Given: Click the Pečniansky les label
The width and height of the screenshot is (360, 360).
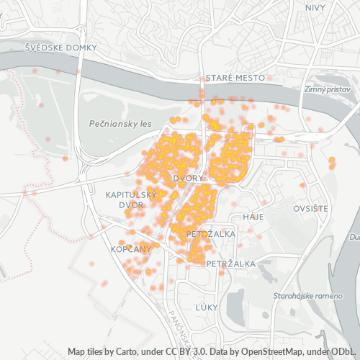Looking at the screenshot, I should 120,124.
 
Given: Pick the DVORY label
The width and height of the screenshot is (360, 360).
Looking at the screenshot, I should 189,177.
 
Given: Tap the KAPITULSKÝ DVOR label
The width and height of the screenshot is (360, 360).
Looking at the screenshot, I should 130,199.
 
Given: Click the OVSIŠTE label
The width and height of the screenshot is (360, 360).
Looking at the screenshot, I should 310,208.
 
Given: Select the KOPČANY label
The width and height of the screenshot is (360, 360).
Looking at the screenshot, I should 131,248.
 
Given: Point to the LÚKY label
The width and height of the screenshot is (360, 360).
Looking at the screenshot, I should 206,307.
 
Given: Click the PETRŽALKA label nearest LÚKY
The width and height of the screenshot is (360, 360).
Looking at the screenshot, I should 230,264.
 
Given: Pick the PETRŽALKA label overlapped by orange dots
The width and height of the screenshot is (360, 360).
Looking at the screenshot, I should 207,235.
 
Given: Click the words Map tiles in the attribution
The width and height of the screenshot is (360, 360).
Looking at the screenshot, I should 84,352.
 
